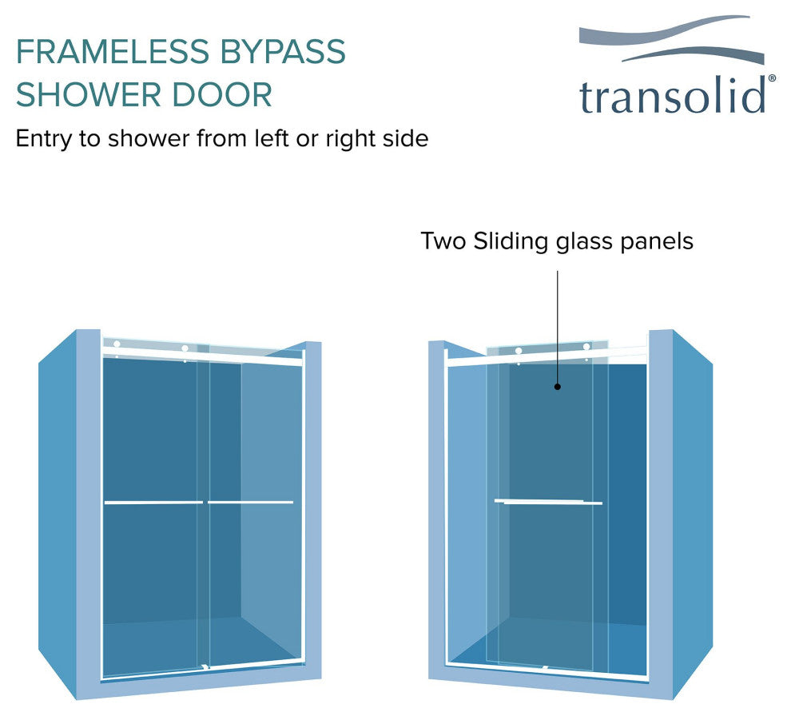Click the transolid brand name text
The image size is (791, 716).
672,96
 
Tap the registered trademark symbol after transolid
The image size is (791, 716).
771,79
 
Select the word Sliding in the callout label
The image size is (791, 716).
503,241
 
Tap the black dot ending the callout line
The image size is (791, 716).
557,387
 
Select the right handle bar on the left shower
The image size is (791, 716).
251,503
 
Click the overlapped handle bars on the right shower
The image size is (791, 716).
548,502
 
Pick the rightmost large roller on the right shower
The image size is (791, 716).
586,347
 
